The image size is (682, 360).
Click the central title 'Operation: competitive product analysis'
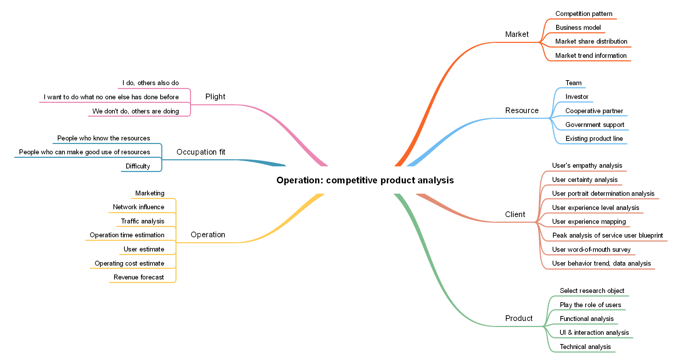point(365,180)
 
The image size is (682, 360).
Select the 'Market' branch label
point(516,34)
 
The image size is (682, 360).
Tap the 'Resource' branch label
point(521,111)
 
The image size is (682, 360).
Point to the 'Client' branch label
point(515,215)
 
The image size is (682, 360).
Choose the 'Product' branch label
point(519,319)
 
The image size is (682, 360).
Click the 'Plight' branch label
point(215,97)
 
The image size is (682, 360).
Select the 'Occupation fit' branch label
point(201,152)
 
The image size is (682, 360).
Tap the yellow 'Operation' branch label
point(208,235)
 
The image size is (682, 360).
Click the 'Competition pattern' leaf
point(583,14)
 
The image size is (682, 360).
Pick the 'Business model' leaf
point(578,28)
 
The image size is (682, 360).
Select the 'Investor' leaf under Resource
point(576,97)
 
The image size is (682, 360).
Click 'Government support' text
point(594,125)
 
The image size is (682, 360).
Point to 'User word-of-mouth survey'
point(591,250)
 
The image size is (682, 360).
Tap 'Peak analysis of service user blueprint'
point(607,236)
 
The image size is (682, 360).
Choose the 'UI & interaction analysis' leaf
point(594,333)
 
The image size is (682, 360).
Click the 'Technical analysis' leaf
point(585,347)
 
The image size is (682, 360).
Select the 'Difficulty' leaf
point(138,166)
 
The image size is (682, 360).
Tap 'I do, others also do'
point(150,83)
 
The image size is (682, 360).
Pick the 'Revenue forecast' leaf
point(139,277)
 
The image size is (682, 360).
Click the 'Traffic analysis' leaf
point(142,221)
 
